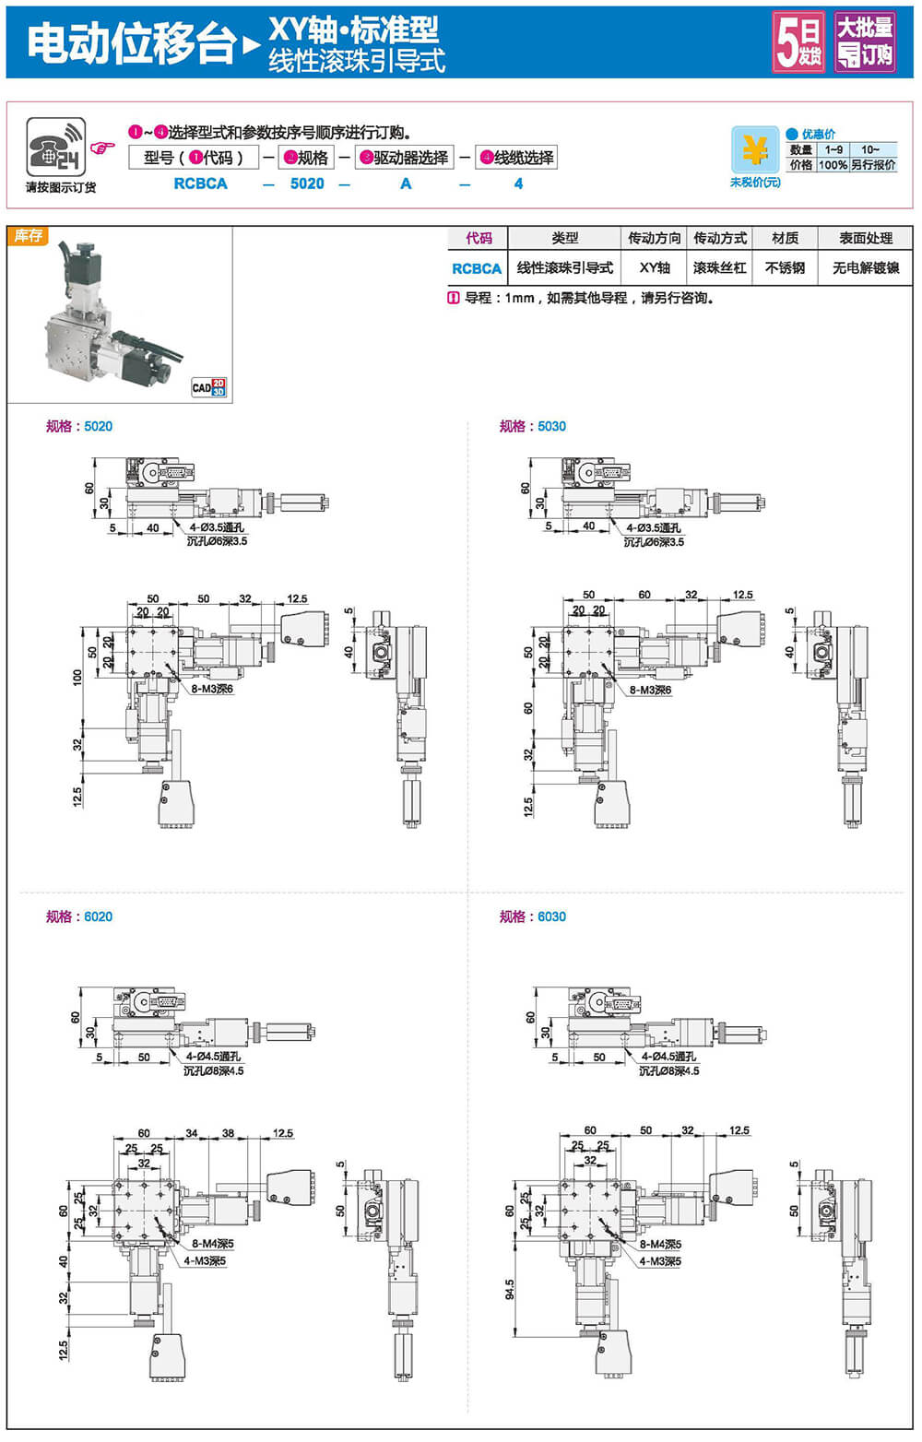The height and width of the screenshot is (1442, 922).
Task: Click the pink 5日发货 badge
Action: pyautogui.click(x=798, y=42)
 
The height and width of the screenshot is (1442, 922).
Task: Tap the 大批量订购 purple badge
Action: pyautogui.click(x=865, y=42)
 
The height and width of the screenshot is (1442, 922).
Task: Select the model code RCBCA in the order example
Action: pyautogui.click(x=200, y=183)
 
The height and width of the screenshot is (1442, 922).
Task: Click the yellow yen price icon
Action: pyautogui.click(x=755, y=149)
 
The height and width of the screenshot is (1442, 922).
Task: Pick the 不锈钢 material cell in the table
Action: pyautogui.click(x=785, y=268)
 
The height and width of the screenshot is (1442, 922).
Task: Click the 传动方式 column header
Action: pyautogui.click(x=720, y=238)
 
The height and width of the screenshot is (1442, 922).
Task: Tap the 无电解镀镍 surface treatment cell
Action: pyautogui.click(x=866, y=268)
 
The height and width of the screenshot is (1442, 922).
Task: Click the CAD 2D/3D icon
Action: pyautogui.click(x=208, y=387)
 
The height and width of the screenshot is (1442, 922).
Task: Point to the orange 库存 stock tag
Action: pyautogui.click(x=28, y=236)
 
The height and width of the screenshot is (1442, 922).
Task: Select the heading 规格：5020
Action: pyautogui.click(x=79, y=426)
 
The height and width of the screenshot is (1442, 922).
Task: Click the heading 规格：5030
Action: pyautogui.click(x=533, y=426)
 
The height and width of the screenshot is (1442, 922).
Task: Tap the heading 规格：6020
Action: pyautogui.click(x=79, y=916)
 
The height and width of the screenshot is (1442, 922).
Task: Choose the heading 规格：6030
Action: pyautogui.click(x=533, y=916)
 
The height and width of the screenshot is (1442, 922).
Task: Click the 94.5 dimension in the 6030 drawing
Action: pyautogui.click(x=510, y=1289)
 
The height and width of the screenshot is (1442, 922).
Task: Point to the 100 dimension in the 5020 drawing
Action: pyautogui.click(x=77, y=677)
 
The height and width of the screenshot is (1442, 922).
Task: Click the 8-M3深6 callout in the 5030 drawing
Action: pyautogui.click(x=650, y=690)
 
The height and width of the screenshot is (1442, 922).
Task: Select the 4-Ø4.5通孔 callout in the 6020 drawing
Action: pyautogui.click(x=213, y=1057)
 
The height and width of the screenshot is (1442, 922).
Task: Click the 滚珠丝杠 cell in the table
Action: pyautogui.click(x=720, y=268)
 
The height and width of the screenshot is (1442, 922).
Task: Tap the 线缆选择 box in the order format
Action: pyautogui.click(x=517, y=158)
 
